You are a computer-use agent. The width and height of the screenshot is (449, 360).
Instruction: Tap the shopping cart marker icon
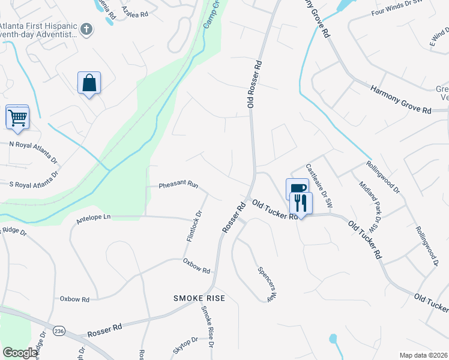click(x=17, y=116)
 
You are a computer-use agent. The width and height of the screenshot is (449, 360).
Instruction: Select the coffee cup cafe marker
click(x=297, y=188)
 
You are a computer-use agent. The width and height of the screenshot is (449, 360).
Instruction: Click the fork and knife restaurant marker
click(x=301, y=203)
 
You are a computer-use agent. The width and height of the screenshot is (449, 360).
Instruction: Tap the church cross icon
click(x=86, y=29)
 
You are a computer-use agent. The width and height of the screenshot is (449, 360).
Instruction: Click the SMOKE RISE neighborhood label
click(x=199, y=298)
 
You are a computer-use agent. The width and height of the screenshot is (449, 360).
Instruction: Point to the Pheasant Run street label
click(x=178, y=185)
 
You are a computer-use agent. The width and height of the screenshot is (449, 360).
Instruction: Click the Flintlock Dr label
click(x=194, y=226)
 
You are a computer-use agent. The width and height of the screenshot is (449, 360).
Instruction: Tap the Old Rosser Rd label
click(x=255, y=83)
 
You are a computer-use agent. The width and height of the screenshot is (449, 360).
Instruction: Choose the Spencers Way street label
click(x=267, y=283)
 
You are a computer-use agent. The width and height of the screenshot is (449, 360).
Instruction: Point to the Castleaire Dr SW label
click(x=318, y=182)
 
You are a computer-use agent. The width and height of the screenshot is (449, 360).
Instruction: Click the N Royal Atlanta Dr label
click(x=33, y=152)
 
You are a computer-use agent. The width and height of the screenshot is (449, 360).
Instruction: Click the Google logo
click(x=20, y=353)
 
